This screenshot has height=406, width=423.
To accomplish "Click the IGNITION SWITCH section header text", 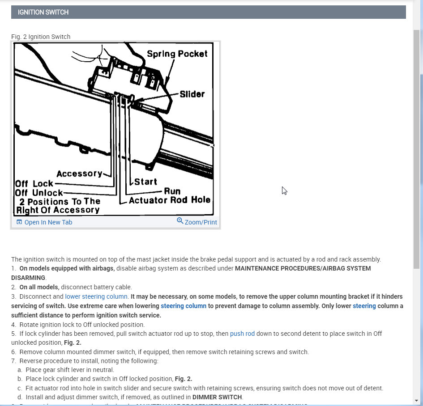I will pyautogui.click(x=43, y=12).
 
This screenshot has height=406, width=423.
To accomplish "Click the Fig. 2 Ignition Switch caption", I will pyautogui.click(x=41, y=37).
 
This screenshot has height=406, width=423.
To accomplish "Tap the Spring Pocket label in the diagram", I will pyautogui.click(x=177, y=54).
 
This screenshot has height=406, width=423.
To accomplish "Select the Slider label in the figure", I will pyautogui.click(x=192, y=94).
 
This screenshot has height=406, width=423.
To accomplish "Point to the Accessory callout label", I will pyautogui.click(x=79, y=173).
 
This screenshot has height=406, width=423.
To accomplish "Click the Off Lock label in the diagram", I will pyautogui.click(x=34, y=183).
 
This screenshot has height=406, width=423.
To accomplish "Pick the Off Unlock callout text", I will pyautogui.click(x=39, y=193).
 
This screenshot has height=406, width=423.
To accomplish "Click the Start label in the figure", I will pyautogui.click(x=146, y=182).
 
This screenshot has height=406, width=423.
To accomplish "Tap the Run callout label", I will pyautogui.click(x=172, y=191).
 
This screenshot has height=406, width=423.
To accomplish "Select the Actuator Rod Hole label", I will pyautogui.click(x=170, y=200).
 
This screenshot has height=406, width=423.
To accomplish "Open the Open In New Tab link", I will pyautogui.click(x=48, y=222).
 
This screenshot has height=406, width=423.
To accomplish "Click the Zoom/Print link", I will pyautogui.click(x=201, y=222).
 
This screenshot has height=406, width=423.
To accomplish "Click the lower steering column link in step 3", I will pyautogui.click(x=96, y=296).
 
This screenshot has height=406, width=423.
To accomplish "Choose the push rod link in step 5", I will pyautogui.click(x=242, y=334).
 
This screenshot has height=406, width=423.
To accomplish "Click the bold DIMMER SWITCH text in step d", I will pyautogui.click(x=217, y=397).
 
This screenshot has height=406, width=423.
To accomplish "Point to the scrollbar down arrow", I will pyautogui.click(x=416, y=400).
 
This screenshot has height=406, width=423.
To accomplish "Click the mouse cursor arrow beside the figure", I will pyautogui.click(x=284, y=190).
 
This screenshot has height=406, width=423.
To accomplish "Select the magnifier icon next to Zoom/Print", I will pyautogui.click(x=180, y=221).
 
